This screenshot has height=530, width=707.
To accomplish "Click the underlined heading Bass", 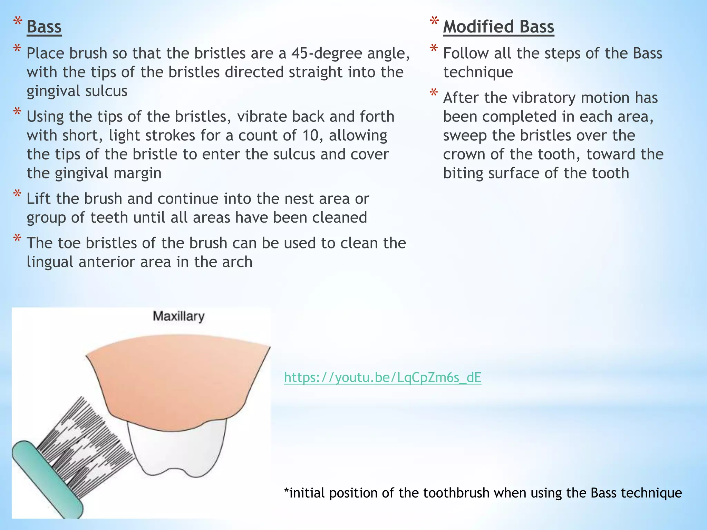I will tap(44, 27).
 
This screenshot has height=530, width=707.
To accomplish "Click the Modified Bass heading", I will tap(498, 27).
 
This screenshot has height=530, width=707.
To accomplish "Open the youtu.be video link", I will tap(382, 377).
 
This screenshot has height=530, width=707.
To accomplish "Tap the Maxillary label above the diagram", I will tap(178, 316).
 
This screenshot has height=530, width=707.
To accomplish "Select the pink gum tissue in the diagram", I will tap(176, 380).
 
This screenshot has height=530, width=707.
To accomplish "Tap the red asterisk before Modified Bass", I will tap(434, 21).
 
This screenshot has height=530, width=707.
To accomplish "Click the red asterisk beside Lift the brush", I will tap(17, 194).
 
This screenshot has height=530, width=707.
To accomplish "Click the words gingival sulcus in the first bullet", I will tap(77, 91).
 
